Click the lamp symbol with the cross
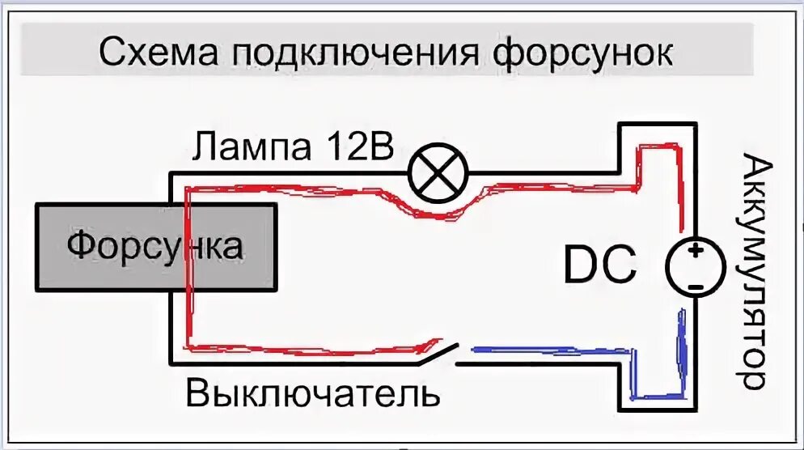pyautogui.click(x=438, y=172)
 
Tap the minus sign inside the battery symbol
pyautogui.click(x=694, y=286)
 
